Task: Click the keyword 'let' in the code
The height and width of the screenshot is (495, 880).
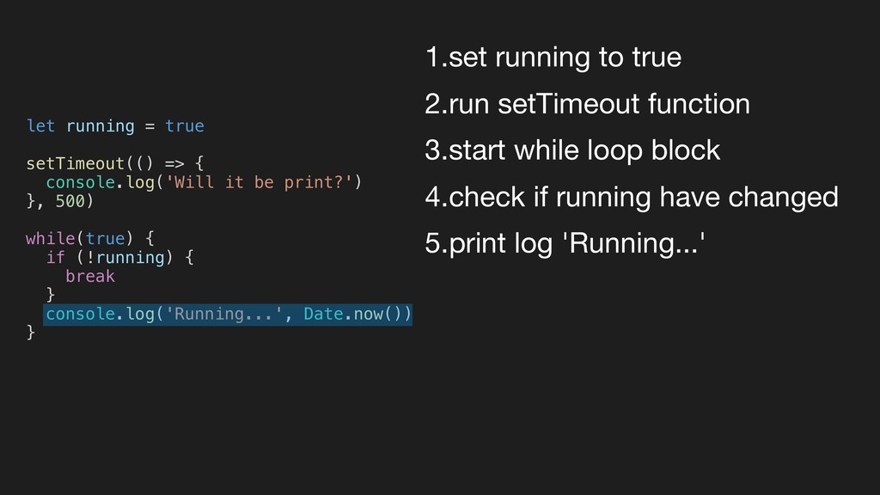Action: coord(40,126)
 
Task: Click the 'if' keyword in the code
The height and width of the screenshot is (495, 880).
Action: coord(55,257)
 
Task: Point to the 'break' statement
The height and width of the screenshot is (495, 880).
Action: coord(89,276)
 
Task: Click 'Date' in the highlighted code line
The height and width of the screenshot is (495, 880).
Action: coord(323,314)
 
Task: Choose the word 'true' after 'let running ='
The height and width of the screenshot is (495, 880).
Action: coord(184,126)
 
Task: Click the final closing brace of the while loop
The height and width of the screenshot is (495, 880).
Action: coord(31,332)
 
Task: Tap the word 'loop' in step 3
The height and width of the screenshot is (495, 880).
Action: coord(620,151)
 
